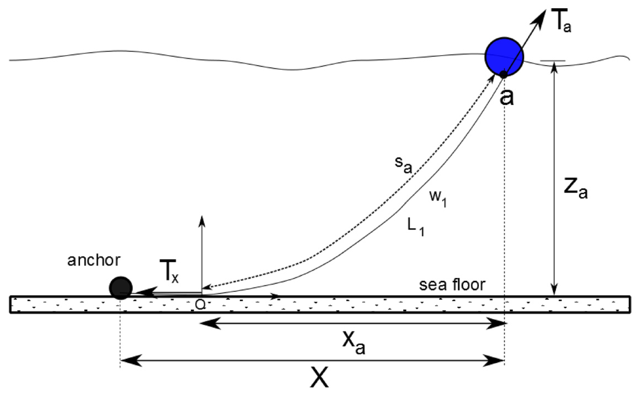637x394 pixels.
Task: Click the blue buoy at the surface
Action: (504, 55)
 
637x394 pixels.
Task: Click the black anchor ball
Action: (120, 287)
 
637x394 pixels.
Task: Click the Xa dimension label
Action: (354, 345)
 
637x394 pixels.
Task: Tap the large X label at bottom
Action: (320, 378)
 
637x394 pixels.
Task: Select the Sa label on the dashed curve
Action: (404, 166)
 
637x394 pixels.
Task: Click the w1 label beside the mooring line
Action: (437, 200)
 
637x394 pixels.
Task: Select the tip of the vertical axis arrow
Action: (201, 216)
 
